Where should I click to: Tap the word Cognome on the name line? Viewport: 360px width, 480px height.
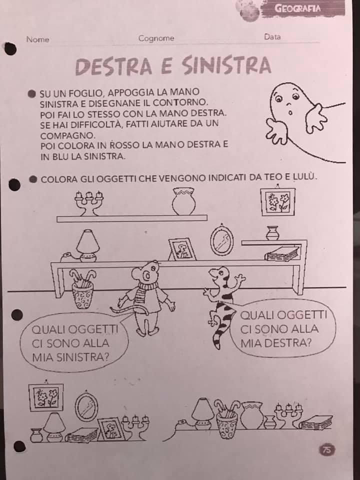point(156,38)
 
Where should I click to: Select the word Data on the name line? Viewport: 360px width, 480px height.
point(272,36)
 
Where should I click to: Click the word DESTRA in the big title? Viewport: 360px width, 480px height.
point(113,66)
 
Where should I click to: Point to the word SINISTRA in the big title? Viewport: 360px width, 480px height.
point(226,65)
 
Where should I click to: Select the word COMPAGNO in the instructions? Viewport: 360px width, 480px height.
point(66,135)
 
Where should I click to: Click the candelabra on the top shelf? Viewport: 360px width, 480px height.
point(89,203)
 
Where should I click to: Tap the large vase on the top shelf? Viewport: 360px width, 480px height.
point(183,201)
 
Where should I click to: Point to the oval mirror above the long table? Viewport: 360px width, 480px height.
point(222,240)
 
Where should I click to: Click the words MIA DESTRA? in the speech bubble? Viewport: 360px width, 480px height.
point(275,343)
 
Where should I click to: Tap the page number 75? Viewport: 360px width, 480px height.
point(327,450)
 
